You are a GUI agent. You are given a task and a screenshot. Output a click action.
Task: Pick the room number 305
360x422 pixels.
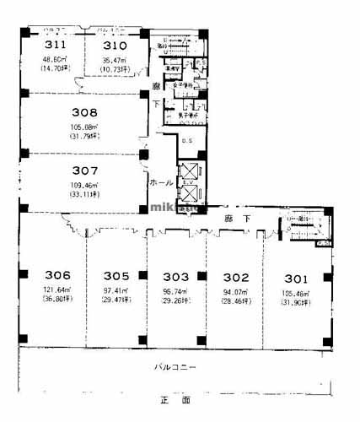[x=116, y=275]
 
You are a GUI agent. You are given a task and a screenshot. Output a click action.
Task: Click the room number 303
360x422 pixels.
[x=175, y=275]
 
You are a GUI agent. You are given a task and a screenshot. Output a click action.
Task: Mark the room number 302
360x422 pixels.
[x=235, y=275]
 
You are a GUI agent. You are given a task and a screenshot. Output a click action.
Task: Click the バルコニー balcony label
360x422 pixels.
[x=175, y=368]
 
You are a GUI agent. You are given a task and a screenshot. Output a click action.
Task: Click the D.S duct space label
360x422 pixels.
[x=187, y=140]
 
